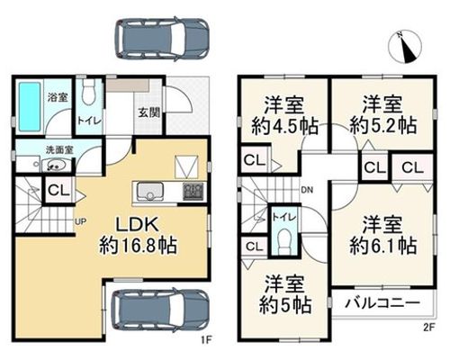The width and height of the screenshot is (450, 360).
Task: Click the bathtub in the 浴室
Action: (x=30, y=106)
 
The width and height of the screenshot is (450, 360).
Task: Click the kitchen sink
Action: (x=150, y=192)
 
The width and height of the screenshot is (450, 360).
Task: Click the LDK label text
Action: (x=137, y=224)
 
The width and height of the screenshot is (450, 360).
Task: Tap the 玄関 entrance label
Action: (x=148, y=113)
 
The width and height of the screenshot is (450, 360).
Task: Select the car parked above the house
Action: (x=162, y=38)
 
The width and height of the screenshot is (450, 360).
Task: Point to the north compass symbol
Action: (x=405, y=47)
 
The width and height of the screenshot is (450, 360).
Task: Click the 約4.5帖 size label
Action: (x=284, y=126)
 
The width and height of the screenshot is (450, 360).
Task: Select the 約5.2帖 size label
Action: (x=383, y=126)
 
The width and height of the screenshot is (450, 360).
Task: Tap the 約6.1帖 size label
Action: (x=383, y=246)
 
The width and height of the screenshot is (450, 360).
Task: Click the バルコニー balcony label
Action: (x=382, y=303)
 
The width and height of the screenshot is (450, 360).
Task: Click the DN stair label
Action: (x=307, y=190)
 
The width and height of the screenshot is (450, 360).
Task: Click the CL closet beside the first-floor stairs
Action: (x=58, y=191)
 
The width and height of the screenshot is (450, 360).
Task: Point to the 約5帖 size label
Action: (x=284, y=306)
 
